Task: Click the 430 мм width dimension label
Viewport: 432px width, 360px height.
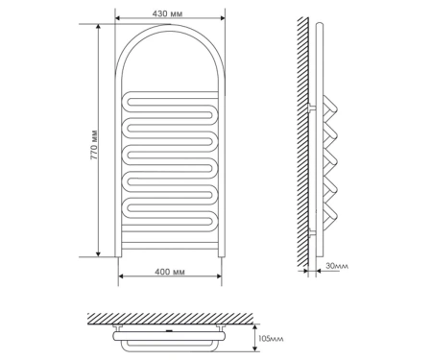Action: point(167,13)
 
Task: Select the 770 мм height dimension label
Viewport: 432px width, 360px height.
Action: point(94,145)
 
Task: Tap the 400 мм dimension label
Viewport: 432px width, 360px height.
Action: point(170,272)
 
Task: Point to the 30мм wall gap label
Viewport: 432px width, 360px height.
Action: point(337,266)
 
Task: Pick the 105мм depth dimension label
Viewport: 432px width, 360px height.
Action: point(271,339)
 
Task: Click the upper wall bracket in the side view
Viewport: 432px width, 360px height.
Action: point(312,108)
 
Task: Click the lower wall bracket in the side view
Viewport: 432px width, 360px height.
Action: point(312,232)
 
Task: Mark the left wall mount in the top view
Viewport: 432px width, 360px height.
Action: point(117,327)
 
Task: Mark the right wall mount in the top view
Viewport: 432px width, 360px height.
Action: point(221,327)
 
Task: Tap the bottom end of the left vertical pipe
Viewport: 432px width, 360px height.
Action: point(118,256)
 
